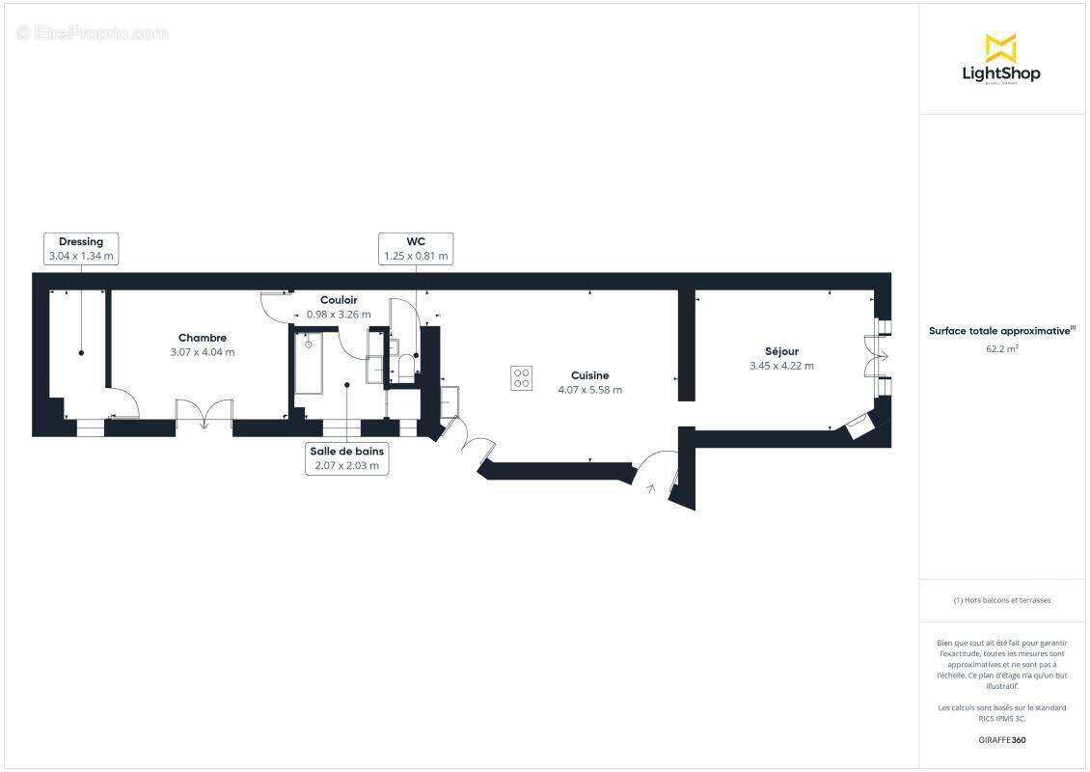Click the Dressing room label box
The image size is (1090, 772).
pos(81,249)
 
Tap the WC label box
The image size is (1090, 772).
pos(416,249)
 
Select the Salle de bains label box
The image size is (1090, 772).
pos(347,458)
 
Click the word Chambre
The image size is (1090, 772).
pos(203,338)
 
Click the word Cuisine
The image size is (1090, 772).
pos(589,375)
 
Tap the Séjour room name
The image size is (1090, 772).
pos(781,351)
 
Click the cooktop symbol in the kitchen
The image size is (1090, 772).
pos(522,377)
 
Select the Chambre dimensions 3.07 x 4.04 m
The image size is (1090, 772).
pos(203,352)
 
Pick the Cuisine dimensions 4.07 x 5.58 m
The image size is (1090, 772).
pos(589,390)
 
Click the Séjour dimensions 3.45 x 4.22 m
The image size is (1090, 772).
pos(781,366)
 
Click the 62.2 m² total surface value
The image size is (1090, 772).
pos(1001,348)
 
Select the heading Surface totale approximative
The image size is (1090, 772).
pos(999,330)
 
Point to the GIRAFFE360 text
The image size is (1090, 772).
pos(1001,740)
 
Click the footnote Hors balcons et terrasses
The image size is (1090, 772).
pos(1002,600)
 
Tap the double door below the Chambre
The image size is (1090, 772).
pos(204,415)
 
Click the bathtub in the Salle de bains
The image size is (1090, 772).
pos(309,365)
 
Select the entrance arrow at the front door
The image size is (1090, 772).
pos(651,489)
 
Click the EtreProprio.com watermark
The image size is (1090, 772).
pos(93,34)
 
